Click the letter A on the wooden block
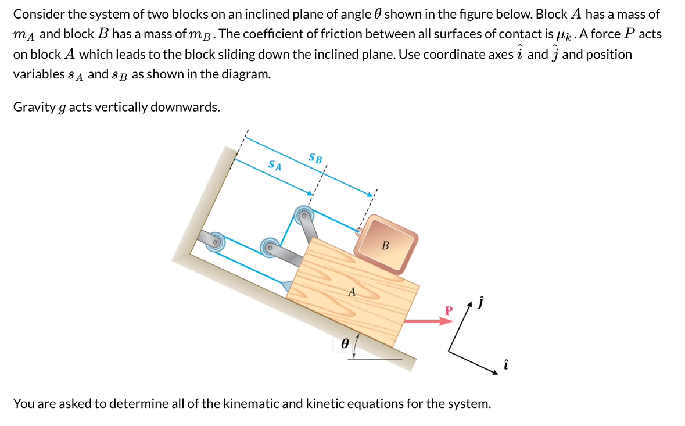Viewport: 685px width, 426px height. [x=352, y=292]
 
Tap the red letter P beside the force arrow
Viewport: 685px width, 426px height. [x=448, y=310]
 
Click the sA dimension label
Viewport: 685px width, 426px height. [x=275, y=166]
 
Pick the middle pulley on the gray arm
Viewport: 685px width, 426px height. [x=269, y=246]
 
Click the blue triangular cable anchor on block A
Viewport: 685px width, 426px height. [x=288, y=285]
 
